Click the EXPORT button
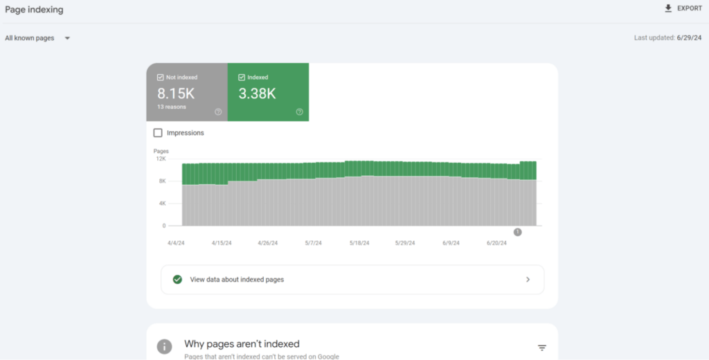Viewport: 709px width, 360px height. coord(683,8)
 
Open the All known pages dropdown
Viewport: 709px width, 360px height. coord(37,38)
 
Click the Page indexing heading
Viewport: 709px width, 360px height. coord(34,9)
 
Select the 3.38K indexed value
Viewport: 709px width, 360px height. coord(257,93)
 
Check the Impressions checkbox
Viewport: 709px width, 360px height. coord(158,132)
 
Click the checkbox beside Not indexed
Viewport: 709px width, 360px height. coord(161,78)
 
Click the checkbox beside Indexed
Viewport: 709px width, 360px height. coord(241,78)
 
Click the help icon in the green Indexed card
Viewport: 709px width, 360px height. coord(299,111)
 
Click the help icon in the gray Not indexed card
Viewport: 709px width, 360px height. coord(218,111)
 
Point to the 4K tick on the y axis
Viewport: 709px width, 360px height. coord(161,204)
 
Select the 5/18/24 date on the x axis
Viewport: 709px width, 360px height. coord(359,243)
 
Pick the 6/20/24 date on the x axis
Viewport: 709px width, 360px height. coord(496,243)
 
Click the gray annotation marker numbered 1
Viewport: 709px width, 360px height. coord(517,232)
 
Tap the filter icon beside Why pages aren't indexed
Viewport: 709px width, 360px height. coord(541,348)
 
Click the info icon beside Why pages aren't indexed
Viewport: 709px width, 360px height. coord(164,346)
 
